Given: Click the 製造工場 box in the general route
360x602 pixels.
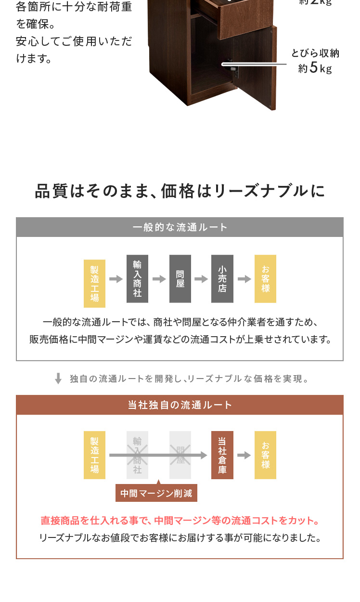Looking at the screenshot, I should coord(94,284).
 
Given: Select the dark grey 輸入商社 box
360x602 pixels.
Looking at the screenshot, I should coord(137,279).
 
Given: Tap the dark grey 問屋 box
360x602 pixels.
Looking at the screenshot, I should coord(180,279).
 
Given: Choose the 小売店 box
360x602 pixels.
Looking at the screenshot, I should coord(222,279).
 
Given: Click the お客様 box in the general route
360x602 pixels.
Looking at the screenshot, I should coord(265,279).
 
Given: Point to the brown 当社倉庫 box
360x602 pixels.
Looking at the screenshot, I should coord(222,455).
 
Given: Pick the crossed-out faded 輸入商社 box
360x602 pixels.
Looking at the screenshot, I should coord(137,455).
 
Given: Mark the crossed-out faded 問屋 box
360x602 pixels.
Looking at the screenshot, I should coord(180,455).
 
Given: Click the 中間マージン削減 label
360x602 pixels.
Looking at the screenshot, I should coord(156,493).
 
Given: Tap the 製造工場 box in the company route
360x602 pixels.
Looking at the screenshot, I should coord(94,455).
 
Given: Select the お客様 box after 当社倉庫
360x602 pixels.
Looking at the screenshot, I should coord(265,455).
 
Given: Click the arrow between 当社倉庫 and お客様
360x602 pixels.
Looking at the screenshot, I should coord(244,455).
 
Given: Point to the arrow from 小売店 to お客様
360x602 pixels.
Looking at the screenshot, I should coord(244,279).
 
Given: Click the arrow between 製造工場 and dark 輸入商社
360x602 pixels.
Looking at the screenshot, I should coord(116,279).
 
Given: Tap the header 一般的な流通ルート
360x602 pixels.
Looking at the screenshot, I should coord(180,227).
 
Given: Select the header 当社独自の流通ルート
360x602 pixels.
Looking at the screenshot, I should coord(180,405).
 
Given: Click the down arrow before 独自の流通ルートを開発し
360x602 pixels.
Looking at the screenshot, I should coord(58,379).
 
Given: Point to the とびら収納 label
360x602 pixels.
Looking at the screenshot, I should coord(315,53).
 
